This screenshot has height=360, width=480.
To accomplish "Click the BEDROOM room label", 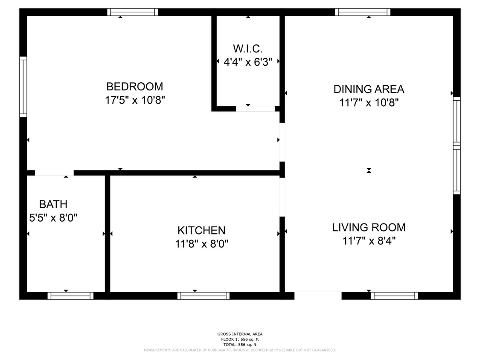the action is [x=135, y=87].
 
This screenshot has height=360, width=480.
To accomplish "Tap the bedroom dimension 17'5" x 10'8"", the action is [x=135, y=100].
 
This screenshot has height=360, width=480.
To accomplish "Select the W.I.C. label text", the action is [x=248, y=49].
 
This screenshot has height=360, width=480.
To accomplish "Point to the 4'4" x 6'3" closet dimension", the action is [x=248, y=62].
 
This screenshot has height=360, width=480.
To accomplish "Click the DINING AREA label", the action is [x=369, y=89].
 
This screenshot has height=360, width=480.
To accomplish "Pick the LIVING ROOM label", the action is [x=369, y=227].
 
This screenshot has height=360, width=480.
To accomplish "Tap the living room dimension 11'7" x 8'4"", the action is [x=369, y=241].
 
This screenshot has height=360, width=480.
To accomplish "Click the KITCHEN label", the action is [x=201, y=230].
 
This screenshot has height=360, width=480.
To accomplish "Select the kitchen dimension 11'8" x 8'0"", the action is [x=201, y=244].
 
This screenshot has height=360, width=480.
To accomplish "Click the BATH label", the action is [x=53, y=204].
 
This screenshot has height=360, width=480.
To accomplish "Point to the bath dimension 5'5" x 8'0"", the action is [x=53, y=218].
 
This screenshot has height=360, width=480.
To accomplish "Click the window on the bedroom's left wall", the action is [x=23, y=87].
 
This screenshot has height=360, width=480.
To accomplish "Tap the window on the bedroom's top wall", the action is [x=133, y=12].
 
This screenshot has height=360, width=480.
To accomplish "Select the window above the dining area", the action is [x=362, y=12].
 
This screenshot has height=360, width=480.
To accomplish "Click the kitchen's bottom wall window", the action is [x=203, y=296].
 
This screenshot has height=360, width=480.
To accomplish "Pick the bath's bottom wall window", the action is [x=70, y=296].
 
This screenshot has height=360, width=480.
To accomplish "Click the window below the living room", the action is [x=394, y=296].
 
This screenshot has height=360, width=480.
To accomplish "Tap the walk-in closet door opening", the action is [x=255, y=109].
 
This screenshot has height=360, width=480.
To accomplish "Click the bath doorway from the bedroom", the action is [x=54, y=173].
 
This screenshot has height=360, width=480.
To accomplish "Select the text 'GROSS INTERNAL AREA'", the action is [x=240, y=334].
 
